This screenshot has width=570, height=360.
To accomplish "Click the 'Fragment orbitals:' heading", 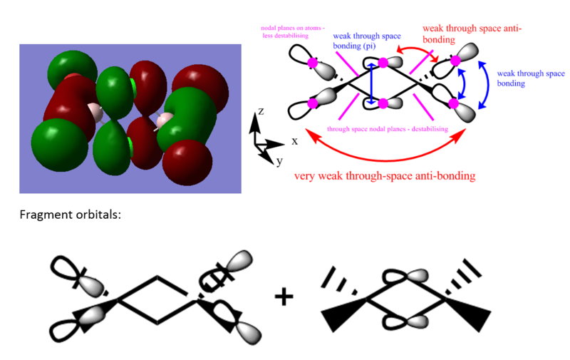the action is [70, 215].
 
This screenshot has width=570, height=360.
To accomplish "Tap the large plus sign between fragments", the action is [284, 297].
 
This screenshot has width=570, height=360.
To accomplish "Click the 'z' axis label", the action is [261, 111].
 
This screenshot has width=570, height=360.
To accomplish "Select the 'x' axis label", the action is [294, 141].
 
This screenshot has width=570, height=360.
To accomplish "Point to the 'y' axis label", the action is [279, 160].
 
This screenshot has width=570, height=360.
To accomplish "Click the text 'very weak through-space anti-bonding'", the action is [385, 176].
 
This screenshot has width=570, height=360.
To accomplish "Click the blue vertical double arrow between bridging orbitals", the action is [371, 83].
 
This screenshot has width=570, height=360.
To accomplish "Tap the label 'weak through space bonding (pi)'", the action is [367, 41].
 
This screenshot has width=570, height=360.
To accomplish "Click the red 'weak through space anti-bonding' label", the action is [472, 34].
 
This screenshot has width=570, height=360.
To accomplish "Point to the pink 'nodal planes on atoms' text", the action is [293, 31].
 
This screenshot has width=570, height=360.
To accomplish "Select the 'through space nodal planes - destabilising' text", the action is [387, 129].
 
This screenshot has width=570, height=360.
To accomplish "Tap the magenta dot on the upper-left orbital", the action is [312, 63].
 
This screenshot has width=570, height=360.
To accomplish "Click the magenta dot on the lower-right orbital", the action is [453, 103].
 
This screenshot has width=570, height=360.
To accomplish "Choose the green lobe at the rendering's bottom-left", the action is [60, 145].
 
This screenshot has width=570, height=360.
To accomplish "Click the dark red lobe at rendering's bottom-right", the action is [187, 163].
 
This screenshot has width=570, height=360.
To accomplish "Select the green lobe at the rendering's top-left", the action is [73, 70].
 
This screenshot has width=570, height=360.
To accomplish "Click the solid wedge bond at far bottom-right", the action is [468, 314].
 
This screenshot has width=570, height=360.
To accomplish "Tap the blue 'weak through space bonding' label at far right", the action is [531, 78].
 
